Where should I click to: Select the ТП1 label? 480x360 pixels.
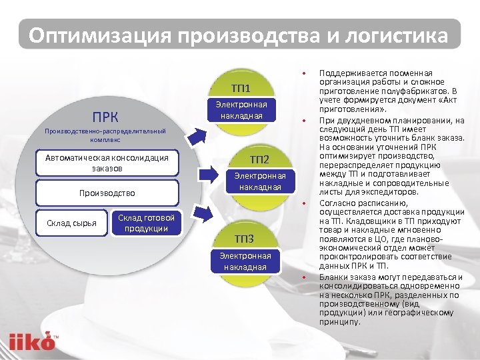coord(241,88)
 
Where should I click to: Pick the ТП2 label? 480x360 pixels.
coord(259,159)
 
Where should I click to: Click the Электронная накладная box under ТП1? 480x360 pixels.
coord(241,111)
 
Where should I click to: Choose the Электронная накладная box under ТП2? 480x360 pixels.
coord(259,181)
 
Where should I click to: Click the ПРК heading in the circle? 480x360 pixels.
coord(106,118)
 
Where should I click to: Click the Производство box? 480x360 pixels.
coord(107,193)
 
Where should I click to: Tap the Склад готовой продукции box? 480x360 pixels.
coord(146,223)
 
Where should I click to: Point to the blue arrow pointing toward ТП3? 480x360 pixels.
coord(202,213)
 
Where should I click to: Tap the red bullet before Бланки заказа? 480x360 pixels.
coord(303,277)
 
